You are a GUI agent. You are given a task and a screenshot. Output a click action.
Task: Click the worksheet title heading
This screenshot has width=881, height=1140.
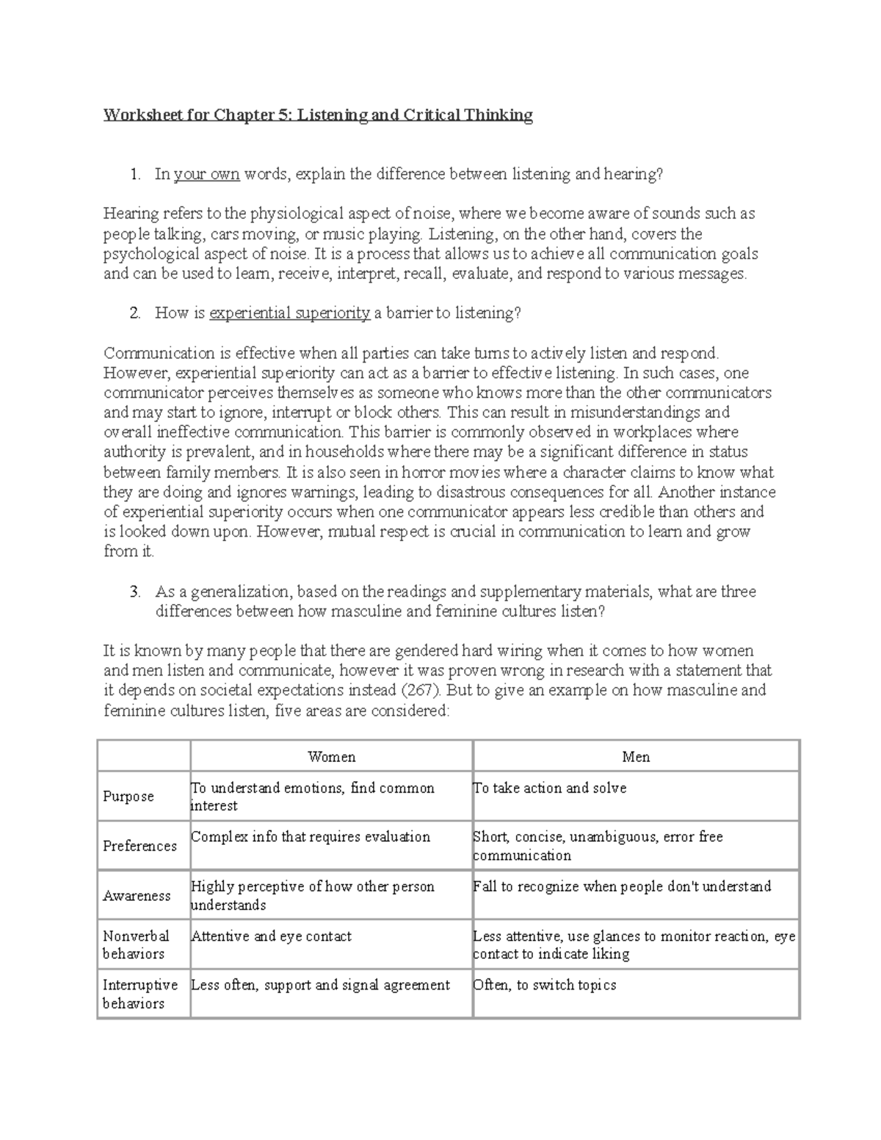tap(318, 115)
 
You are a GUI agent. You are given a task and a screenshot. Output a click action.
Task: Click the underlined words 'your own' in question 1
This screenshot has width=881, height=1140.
tap(206, 175)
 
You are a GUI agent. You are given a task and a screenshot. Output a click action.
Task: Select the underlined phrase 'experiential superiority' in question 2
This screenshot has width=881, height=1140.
tap(289, 313)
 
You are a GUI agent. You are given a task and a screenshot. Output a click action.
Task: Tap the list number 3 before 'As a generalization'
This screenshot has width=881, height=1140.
tap(134, 592)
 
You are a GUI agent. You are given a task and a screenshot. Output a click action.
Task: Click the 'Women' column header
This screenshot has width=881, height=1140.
tap(331, 757)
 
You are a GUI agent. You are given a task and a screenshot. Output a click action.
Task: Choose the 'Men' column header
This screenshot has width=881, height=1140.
tap(636, 757)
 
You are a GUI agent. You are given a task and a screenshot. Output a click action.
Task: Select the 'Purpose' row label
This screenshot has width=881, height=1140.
tap(128, 796)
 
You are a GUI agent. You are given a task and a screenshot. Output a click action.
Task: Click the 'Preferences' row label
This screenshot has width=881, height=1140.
tap(139, 846)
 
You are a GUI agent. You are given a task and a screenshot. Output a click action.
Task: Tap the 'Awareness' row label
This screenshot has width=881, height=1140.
tap(137, 896)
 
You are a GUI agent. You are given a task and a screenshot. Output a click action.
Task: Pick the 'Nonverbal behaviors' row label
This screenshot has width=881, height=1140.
tap(136, 945)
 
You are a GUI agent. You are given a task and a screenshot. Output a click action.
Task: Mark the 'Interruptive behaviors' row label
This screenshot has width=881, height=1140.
tap(139, 994)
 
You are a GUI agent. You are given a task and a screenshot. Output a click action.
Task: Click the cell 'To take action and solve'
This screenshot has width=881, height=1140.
tap(550, 788)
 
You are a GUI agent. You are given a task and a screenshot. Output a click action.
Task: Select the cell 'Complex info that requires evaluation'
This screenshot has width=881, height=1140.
tap(311, 837)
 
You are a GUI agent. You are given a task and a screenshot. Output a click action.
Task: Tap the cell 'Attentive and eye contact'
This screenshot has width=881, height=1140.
tap(271, 937)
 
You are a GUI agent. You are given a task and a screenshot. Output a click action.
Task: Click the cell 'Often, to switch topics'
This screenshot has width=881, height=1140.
tap(545, 985)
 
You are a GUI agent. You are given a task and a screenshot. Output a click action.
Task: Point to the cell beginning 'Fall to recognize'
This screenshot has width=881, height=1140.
tap(622, 887)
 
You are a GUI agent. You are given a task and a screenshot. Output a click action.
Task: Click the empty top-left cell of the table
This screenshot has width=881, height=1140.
tap(143, 756)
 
